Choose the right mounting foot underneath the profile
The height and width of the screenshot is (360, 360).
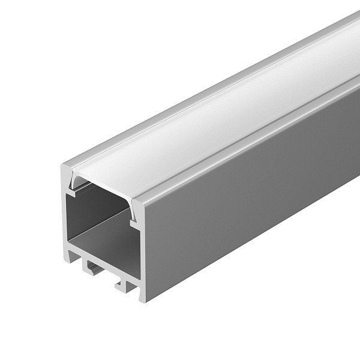coord(123,286)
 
